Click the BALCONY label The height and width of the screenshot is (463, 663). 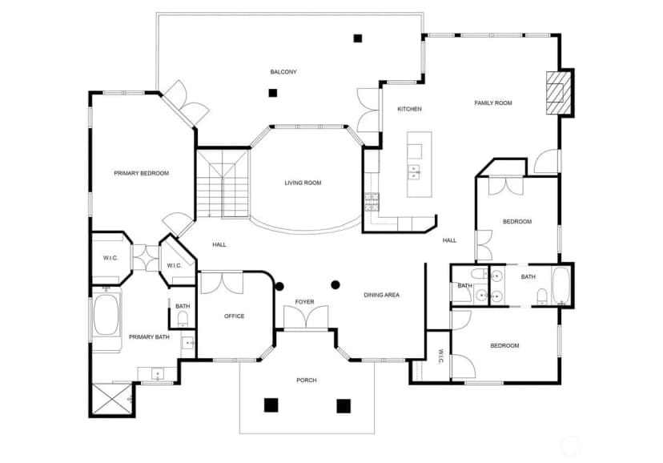click(x=283, y=72)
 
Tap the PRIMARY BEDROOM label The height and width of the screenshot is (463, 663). click(x=141, y=173)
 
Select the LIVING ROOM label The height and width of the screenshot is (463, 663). click(x=303, y=183)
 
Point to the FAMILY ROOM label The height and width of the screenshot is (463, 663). click(x=493, y=103)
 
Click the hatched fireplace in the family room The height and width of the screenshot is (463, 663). click(x=558, y=93)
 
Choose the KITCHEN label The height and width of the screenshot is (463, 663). click(x=409, y=109)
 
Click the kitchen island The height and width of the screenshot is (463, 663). click(x=420, y=164)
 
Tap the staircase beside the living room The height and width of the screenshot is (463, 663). click(x=223, y=183)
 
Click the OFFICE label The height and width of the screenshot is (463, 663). click(x=235, y=316)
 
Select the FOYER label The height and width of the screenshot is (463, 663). click(x=304, y=302)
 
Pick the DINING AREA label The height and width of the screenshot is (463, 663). click(x=381, y=295)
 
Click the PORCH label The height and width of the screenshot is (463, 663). click(x=307, y=380)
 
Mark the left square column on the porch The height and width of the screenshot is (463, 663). click(x=271, y=405)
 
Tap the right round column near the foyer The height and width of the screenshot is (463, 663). click(x=336, y=285)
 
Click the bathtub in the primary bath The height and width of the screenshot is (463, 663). click(x=106, y=315)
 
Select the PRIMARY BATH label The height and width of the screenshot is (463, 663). click(x=149, y=337)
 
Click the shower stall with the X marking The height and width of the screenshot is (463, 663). click(x=111, y=399)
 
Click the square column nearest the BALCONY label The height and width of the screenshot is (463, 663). click(x=273, y=93)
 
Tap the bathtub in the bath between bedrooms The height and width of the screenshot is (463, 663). click(x=561, y=285)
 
